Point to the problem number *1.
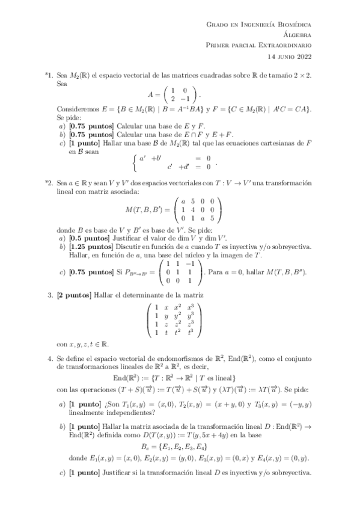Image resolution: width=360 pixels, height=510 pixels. coord(49,77)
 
